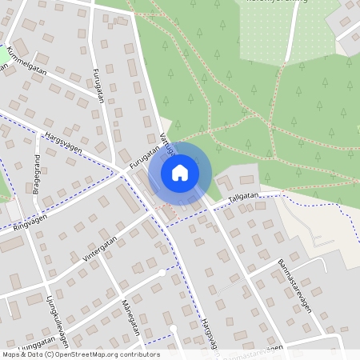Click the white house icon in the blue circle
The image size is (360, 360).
[x=180, y=172]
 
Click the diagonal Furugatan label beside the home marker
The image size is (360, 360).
[x=144, y=155]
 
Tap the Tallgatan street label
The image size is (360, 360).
[x=241, y=200]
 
